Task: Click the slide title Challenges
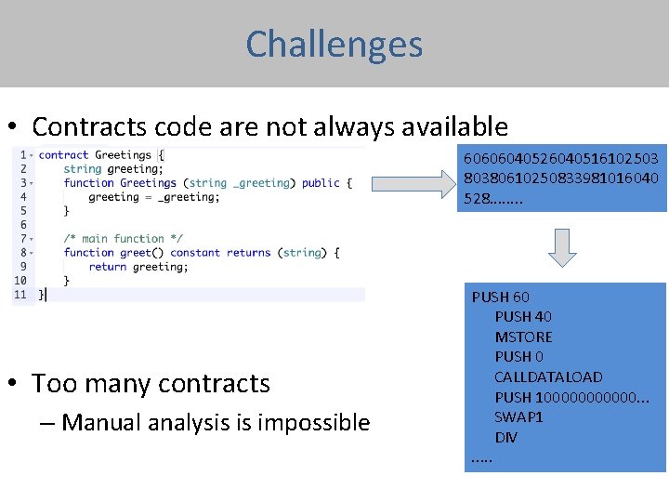pyautogui.click(x=334, y=44)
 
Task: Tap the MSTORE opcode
pyautogui.click(x=523, y=337)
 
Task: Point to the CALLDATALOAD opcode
pyautogui.click(x=548, y=376)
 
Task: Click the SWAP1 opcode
pyautogui.click(x=518, y=416)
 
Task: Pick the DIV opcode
pyautogui.click(x=506, y=437)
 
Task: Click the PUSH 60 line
pyautogui.click(x=501, y=297)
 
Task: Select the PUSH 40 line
pyautogui.click(x=524, y=317)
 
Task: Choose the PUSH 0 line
pyautogui.click(x=518, y=357)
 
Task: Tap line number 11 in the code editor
pyautogui.click(x=20, y=295)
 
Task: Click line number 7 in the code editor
pyautogui.click(x=20, y=239)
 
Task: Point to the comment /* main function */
pyautogui.click(x=124, y=239)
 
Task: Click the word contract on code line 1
pyautogui.click(x=63, y=155)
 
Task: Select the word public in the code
pyautogui.click(x=321, y=183)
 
